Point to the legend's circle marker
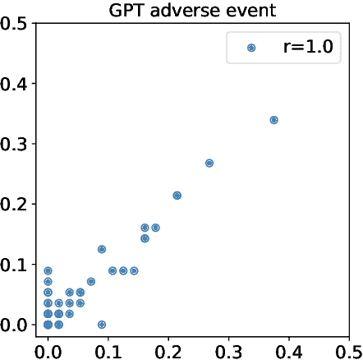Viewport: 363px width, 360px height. click(x=252, y=48)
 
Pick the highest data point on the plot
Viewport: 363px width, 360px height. click(x=273, y=120)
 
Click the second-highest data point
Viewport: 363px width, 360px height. click(x=209, y=163)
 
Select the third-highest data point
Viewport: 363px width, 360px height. click(x=177, y=196)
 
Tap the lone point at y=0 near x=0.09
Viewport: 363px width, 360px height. click(x=102, y=325)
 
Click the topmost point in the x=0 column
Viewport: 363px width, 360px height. click(x=48, y=270)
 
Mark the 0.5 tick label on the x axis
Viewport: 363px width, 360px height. click(x=349, y=350)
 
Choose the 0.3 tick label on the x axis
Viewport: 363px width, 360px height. click(x=228, y=350)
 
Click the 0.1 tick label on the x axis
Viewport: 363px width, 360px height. click(x=108, y=350)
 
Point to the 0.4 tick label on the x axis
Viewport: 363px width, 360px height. click(x=289, y=350)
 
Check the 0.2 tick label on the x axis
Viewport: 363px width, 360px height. click(x=168, y=350)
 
